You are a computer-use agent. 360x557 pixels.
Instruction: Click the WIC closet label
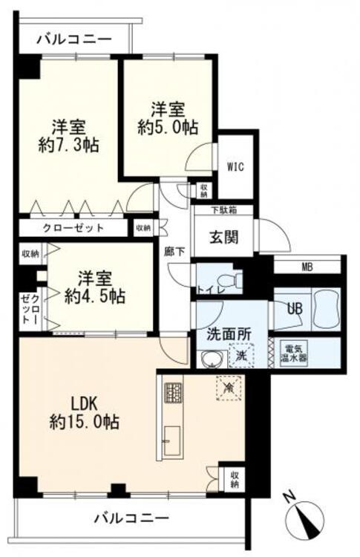(x=235, y=166)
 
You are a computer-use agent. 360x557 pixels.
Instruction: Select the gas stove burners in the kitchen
(x=172, y=391)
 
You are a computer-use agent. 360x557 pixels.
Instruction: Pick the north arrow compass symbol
(x=307, y=517)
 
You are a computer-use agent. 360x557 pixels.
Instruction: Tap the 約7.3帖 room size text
(x=71, y=143)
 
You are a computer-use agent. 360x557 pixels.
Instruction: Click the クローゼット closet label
(x=73, y=228)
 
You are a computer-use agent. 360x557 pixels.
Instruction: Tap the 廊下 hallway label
(x=173, y=251)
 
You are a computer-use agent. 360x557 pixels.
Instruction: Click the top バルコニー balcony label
(x=74, y=39)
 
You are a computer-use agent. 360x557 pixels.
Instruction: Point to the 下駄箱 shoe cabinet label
(x=204, y=210)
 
